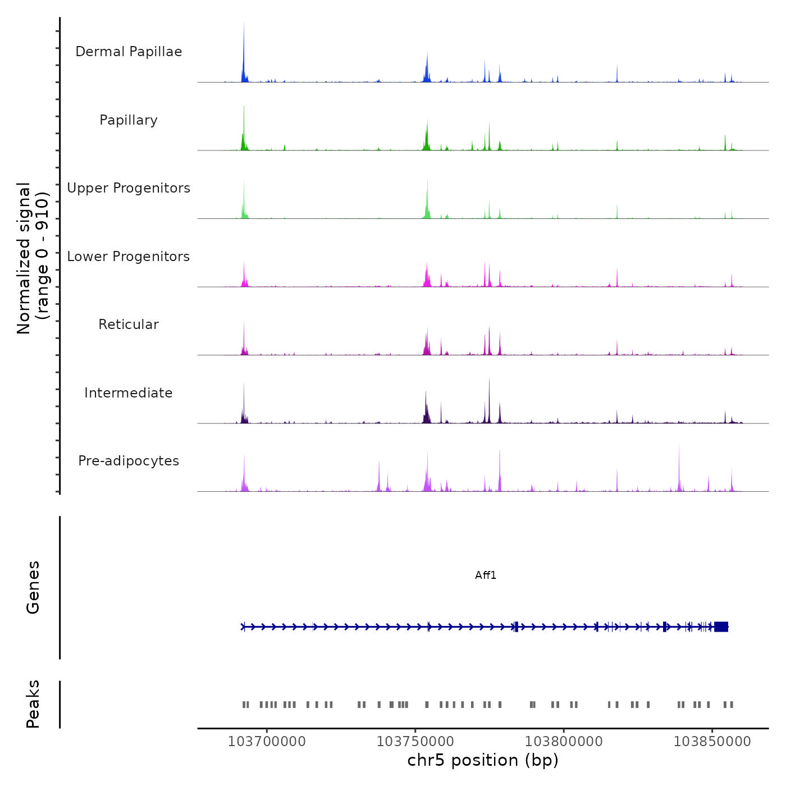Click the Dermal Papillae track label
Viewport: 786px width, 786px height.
[129, 52]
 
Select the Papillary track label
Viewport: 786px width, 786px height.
[129, 120]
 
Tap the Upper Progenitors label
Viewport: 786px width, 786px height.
[129, 188]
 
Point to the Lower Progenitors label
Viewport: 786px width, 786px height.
[129, 257]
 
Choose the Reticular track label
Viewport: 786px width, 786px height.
[129, 325]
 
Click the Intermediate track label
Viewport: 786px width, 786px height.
[129, 393]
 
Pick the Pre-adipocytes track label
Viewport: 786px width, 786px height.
[129, 461]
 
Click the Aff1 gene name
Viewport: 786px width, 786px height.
[486, 575]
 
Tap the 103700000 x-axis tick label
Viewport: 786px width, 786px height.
[267, 742]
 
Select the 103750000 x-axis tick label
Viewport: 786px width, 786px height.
[415, 742]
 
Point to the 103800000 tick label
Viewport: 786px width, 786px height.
[564, 742]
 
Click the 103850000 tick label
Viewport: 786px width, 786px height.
[712, 742]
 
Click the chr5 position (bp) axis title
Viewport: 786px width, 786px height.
[483, 760]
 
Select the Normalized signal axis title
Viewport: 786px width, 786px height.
[33, 258]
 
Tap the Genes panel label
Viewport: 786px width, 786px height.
[33, 587]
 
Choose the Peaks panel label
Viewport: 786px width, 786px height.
[33, 704]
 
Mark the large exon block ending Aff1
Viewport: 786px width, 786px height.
[721, 627]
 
